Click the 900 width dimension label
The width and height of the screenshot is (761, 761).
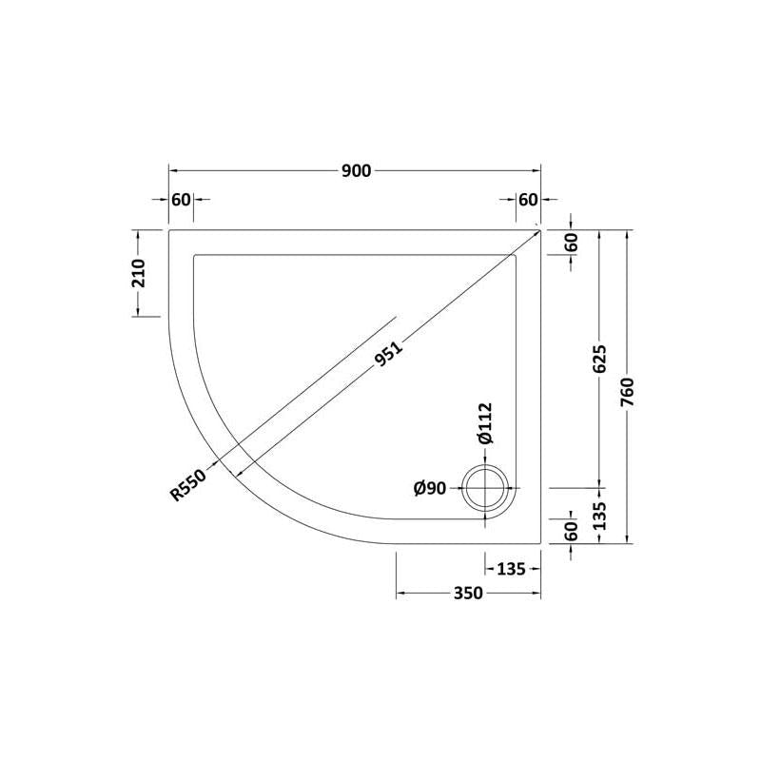pos(356,171)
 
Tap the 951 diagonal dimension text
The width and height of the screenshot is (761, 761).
pos(389,354)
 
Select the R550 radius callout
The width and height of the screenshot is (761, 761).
pos(188,484)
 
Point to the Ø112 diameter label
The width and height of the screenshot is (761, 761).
pos(485,423)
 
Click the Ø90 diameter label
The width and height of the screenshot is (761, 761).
pos(430,488)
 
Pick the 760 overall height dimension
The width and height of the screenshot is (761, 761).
pos(627,393)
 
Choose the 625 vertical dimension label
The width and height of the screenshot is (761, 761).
pos(599,359)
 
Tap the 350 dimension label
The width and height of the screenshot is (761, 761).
pos(468,593)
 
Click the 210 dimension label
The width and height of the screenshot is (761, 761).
pos(139,273)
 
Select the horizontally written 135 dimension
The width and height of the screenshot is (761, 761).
pos(511,568)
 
